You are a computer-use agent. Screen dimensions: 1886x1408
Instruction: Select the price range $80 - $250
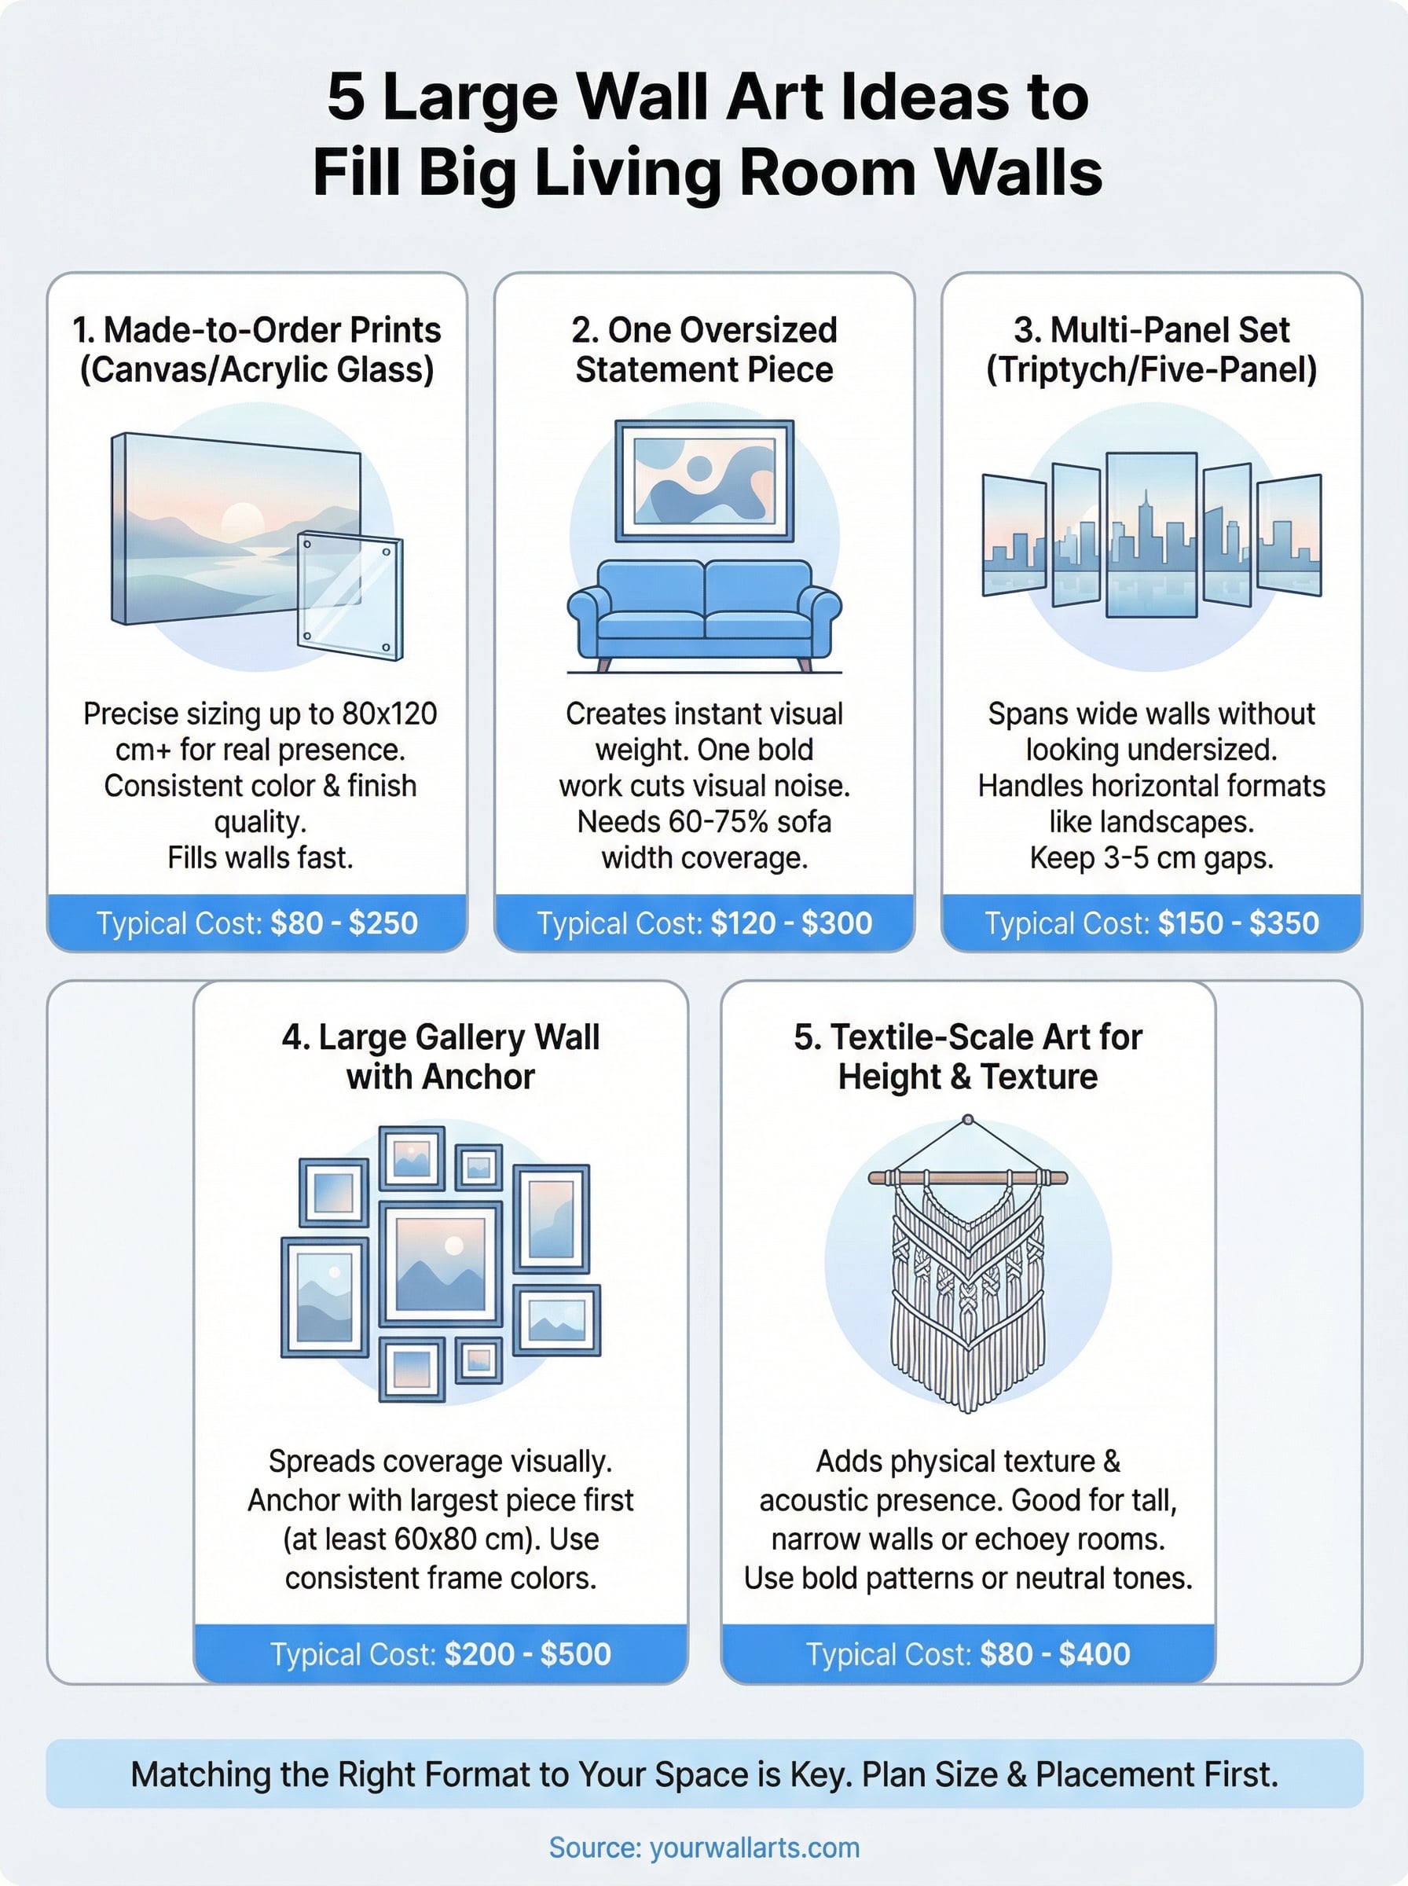(x=343, y=923)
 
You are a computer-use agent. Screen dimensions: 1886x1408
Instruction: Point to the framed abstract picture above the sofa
(x=704, y=481)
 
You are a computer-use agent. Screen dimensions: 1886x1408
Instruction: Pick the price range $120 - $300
(x=791, y=923)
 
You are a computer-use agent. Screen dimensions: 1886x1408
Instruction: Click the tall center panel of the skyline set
(x=1151, y=534)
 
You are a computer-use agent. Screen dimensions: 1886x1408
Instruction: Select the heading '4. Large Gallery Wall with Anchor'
(x=441, y=1057)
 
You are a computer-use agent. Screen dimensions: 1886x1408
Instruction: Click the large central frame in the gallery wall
(x=441, y=1264)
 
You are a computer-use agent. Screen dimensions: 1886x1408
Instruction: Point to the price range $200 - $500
(x=527, y=1654)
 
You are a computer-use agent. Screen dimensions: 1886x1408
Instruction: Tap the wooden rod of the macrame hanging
(x=967, y=1178)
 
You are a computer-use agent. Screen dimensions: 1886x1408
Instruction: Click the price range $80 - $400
(x=1054, y=1654)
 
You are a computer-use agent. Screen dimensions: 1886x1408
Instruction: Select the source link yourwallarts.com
(x=754, y=1847)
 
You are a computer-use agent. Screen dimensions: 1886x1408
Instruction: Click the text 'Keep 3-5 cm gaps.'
(x=1151, y=857)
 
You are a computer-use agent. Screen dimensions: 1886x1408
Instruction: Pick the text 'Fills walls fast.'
(x=260, y=857)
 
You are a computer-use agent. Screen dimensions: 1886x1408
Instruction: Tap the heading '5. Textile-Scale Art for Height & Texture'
(x=967, y=1057)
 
